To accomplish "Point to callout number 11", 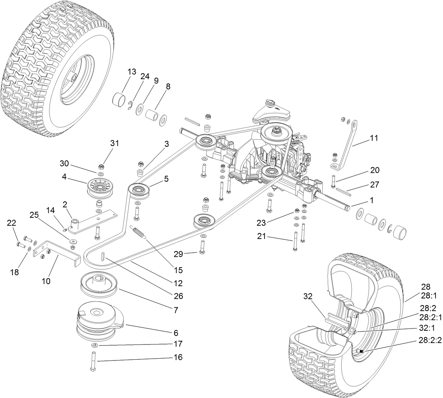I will [x=374, y=138].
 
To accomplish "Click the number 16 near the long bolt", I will [x=178, y=357].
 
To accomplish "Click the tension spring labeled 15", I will [x=139, y=232].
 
